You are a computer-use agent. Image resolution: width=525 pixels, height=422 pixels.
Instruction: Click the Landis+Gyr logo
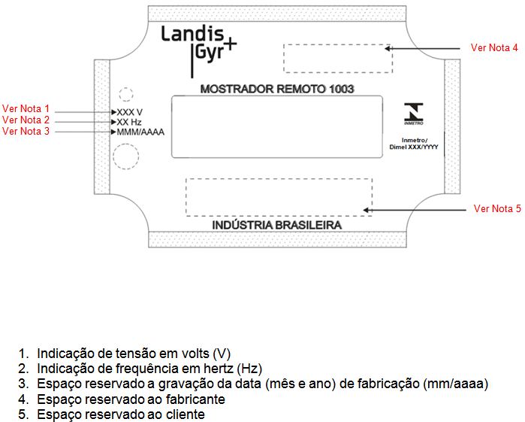[199, 50]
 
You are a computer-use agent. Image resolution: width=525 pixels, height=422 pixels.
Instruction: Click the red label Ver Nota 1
[26, 108]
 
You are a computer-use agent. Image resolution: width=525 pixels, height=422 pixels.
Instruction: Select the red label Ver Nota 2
[26, 120]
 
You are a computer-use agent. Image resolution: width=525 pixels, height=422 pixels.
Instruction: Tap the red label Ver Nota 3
[26, 131]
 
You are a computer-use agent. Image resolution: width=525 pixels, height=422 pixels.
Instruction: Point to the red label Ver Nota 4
[494, 47]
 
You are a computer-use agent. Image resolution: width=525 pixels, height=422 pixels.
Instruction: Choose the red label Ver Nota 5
[497, 208]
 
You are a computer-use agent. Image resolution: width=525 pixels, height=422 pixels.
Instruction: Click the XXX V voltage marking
[130, 112]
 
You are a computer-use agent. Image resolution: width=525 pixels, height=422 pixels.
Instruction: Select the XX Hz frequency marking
[129, 122]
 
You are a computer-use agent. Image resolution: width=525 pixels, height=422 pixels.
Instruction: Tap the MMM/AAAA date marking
[140, 132]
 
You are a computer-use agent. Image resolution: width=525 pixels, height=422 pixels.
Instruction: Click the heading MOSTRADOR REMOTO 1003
[277, 89]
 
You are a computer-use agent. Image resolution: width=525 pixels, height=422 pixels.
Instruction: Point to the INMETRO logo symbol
[414, 114]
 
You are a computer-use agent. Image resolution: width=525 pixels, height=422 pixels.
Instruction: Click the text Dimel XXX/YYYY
[414, 147]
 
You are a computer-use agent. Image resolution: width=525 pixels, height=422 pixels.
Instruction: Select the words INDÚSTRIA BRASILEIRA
[277, 225]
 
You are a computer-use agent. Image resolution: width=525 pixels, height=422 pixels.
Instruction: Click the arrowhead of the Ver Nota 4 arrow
[388, 49]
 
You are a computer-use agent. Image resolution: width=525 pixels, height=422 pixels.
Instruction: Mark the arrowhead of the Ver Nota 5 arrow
[367, 211]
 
